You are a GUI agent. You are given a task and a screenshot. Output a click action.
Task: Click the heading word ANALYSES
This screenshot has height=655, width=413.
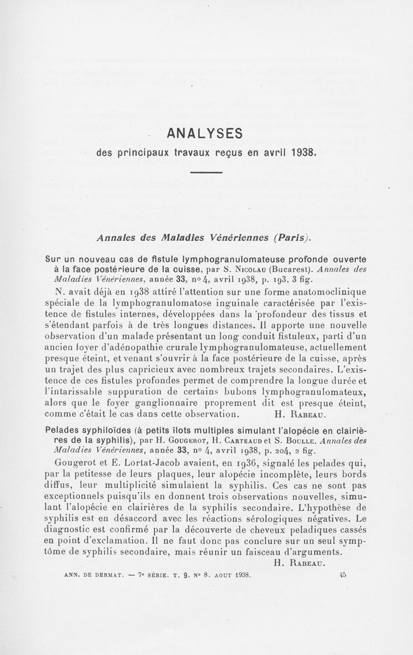click(x=205, y=133)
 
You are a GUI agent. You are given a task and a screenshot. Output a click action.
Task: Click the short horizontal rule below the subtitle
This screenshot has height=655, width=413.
click(x=206, y=172)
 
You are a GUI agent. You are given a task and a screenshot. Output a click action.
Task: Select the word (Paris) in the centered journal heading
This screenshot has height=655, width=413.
click(x=294, y=237)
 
